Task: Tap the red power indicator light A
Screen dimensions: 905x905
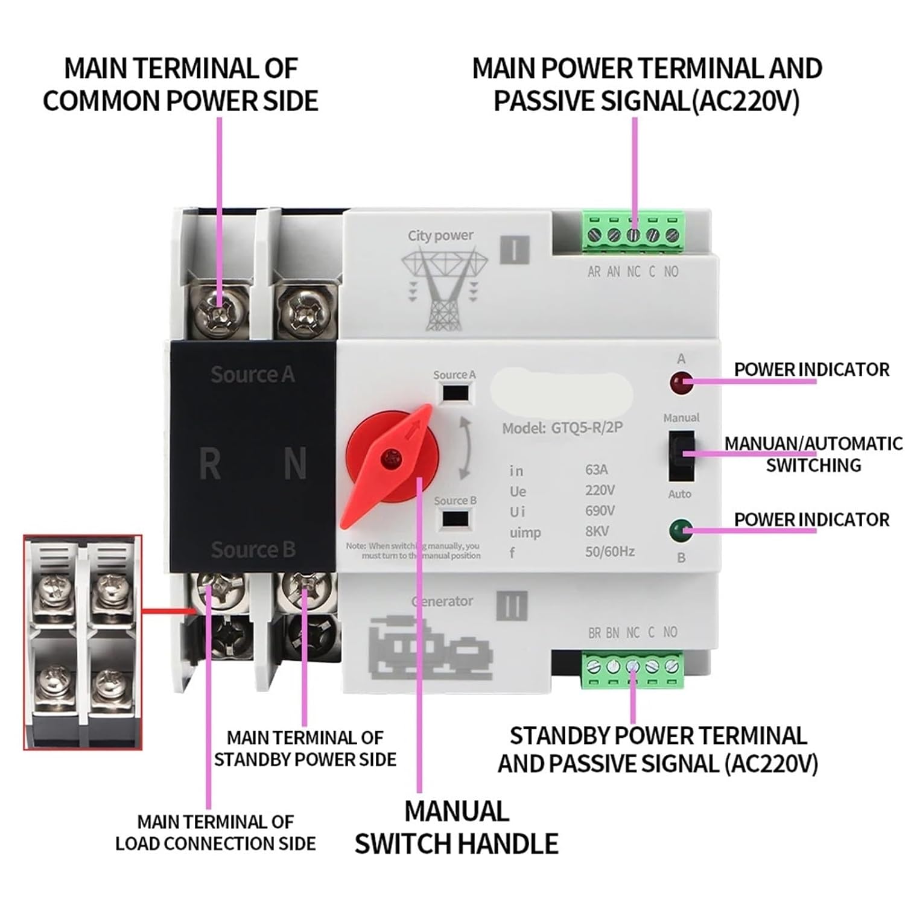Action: click(681, 381)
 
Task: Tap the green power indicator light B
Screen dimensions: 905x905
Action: click(681, 530)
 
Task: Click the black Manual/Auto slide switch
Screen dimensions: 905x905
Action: click(681, 455)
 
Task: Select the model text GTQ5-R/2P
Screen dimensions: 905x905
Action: click(586, 428)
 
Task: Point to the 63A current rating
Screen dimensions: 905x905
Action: click(596, 469)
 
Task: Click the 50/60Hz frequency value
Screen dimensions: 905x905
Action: click(609, 551)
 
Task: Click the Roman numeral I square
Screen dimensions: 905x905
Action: click(514, 249)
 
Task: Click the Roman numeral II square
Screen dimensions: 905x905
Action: click(512, 605)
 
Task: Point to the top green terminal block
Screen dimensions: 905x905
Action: click(633, 232)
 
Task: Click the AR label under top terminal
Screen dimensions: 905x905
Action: click(594, 272)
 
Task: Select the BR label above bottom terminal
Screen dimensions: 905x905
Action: click(594, 633)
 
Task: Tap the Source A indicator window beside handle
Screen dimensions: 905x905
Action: click(456, 393)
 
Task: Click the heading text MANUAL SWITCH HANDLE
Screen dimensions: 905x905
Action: click(456, 827)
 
